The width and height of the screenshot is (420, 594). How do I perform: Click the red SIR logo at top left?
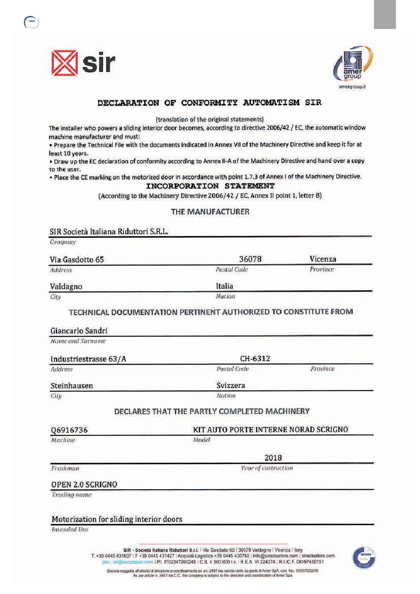83,63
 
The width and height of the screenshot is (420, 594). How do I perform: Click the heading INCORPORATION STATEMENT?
210,186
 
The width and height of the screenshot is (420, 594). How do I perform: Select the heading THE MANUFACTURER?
210,212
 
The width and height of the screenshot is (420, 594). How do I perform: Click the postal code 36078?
250,259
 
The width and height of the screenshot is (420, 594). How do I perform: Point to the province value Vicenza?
323,259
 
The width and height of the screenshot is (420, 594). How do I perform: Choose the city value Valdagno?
66,286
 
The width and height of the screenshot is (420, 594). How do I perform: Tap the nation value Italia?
224,286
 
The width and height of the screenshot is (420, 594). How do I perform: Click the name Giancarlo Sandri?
79,331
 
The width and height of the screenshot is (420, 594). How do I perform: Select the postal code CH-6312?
255,358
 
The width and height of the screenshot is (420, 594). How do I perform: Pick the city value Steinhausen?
72,386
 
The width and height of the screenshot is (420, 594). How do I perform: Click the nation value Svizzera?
230,385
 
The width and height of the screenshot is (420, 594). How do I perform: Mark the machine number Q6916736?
69,430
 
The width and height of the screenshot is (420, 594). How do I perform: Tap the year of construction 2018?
273,458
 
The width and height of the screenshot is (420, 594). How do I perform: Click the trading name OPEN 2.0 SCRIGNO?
84,484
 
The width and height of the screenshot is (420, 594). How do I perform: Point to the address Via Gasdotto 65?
76,259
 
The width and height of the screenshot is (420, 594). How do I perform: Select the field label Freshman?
65,468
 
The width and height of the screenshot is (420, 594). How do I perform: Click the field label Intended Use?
69,529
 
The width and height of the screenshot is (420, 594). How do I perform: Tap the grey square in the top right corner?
385,14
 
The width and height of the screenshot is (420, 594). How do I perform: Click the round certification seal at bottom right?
363,557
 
